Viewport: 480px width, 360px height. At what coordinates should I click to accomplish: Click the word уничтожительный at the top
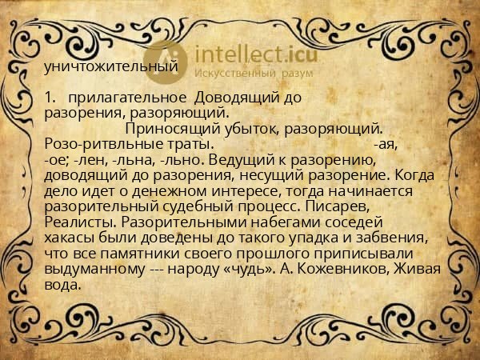point(110,67)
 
